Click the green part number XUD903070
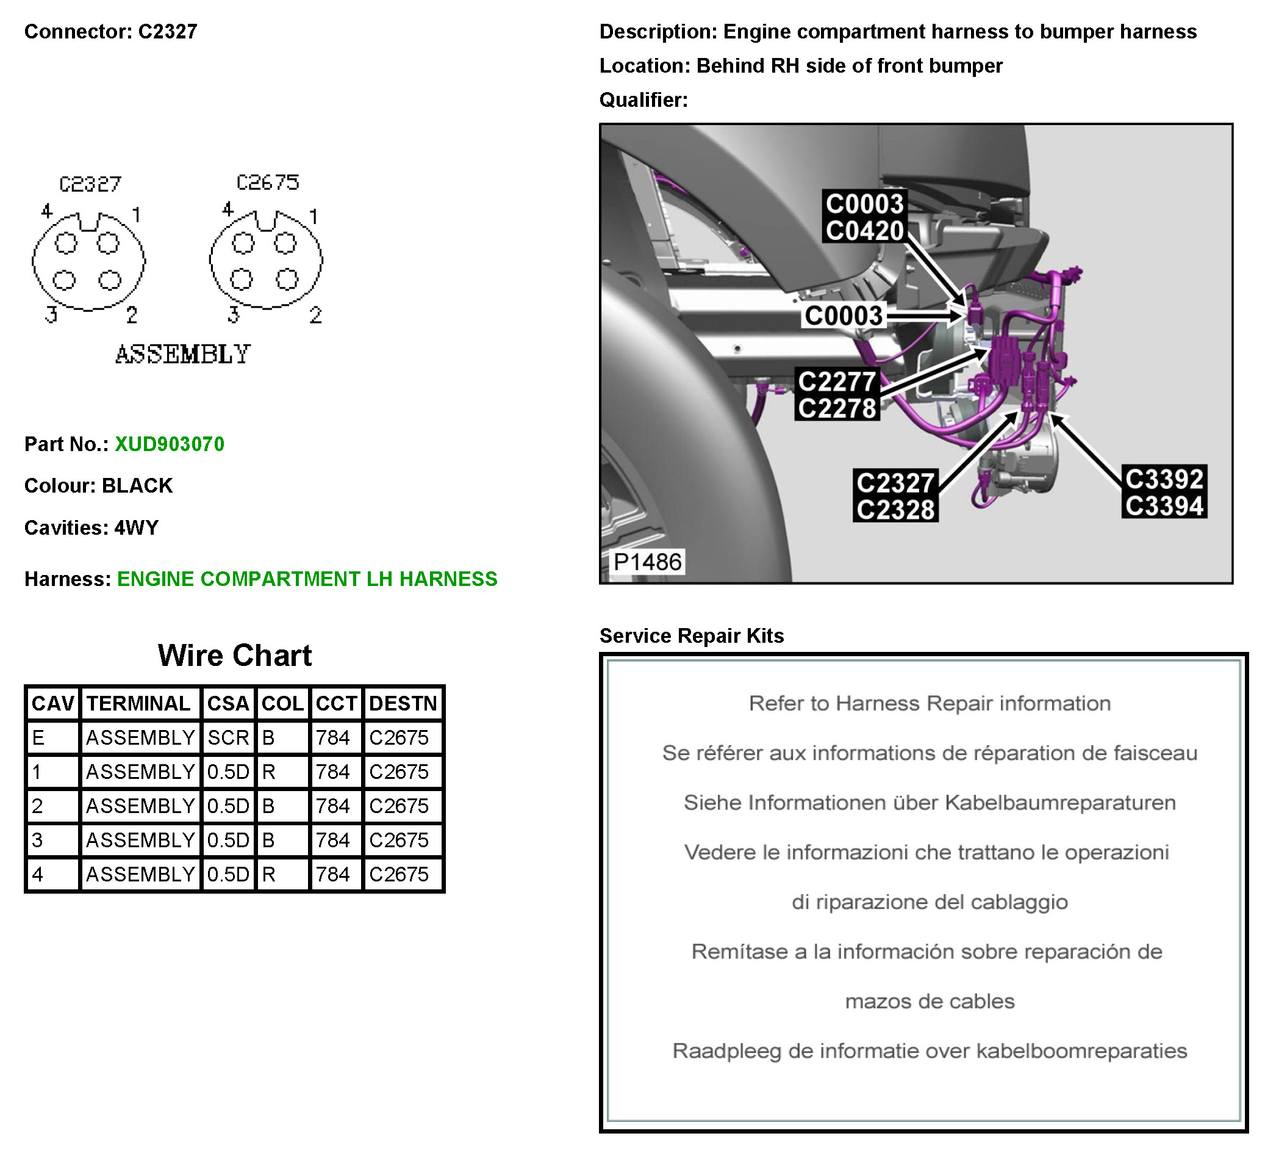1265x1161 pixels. point(170,444)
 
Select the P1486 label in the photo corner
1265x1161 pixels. point(647,562)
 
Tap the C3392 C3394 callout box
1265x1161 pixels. point(1164,492)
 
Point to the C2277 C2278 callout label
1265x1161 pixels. point(837,394)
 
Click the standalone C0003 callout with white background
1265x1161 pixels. point(844,316)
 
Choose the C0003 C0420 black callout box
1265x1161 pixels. point(864,217)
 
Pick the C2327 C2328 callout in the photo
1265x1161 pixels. point(895,496)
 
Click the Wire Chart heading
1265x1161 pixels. point(235,655)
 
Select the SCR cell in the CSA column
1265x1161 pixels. point(228,737)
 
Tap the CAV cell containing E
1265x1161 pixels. point(53,737)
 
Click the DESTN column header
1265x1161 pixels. point(403,703)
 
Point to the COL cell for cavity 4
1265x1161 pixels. point(282,874)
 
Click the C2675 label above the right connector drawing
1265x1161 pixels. point(268,182)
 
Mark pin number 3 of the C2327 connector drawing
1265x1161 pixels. point(51,314)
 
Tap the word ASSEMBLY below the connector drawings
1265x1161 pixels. point(183,354)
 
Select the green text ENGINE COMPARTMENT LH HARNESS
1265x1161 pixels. point(307,579)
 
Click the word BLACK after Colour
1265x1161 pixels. point(137,486)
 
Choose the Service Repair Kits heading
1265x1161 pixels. point(692,636)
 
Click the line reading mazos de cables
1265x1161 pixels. point(930,1001)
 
